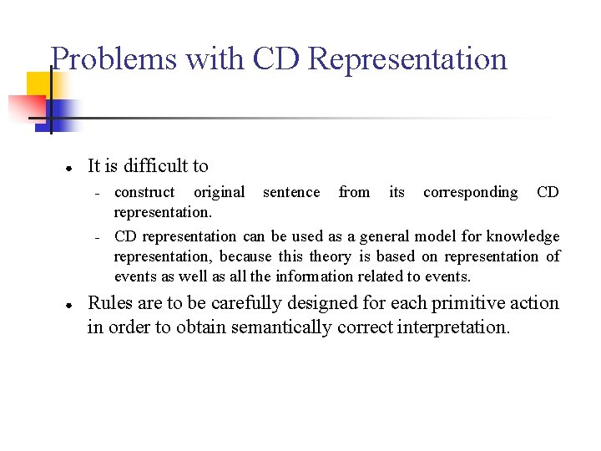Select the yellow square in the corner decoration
pyautogui.click(x=38, y=84)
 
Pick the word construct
pyautogui.click(x=144, y=193)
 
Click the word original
pyautogui.click(x=220, y=193)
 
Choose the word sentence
pyautogui.click(x=291, y=193)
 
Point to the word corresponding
pyautogui.click(x=470, y=193)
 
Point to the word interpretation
pyautogui.click(x=452, y=327)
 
